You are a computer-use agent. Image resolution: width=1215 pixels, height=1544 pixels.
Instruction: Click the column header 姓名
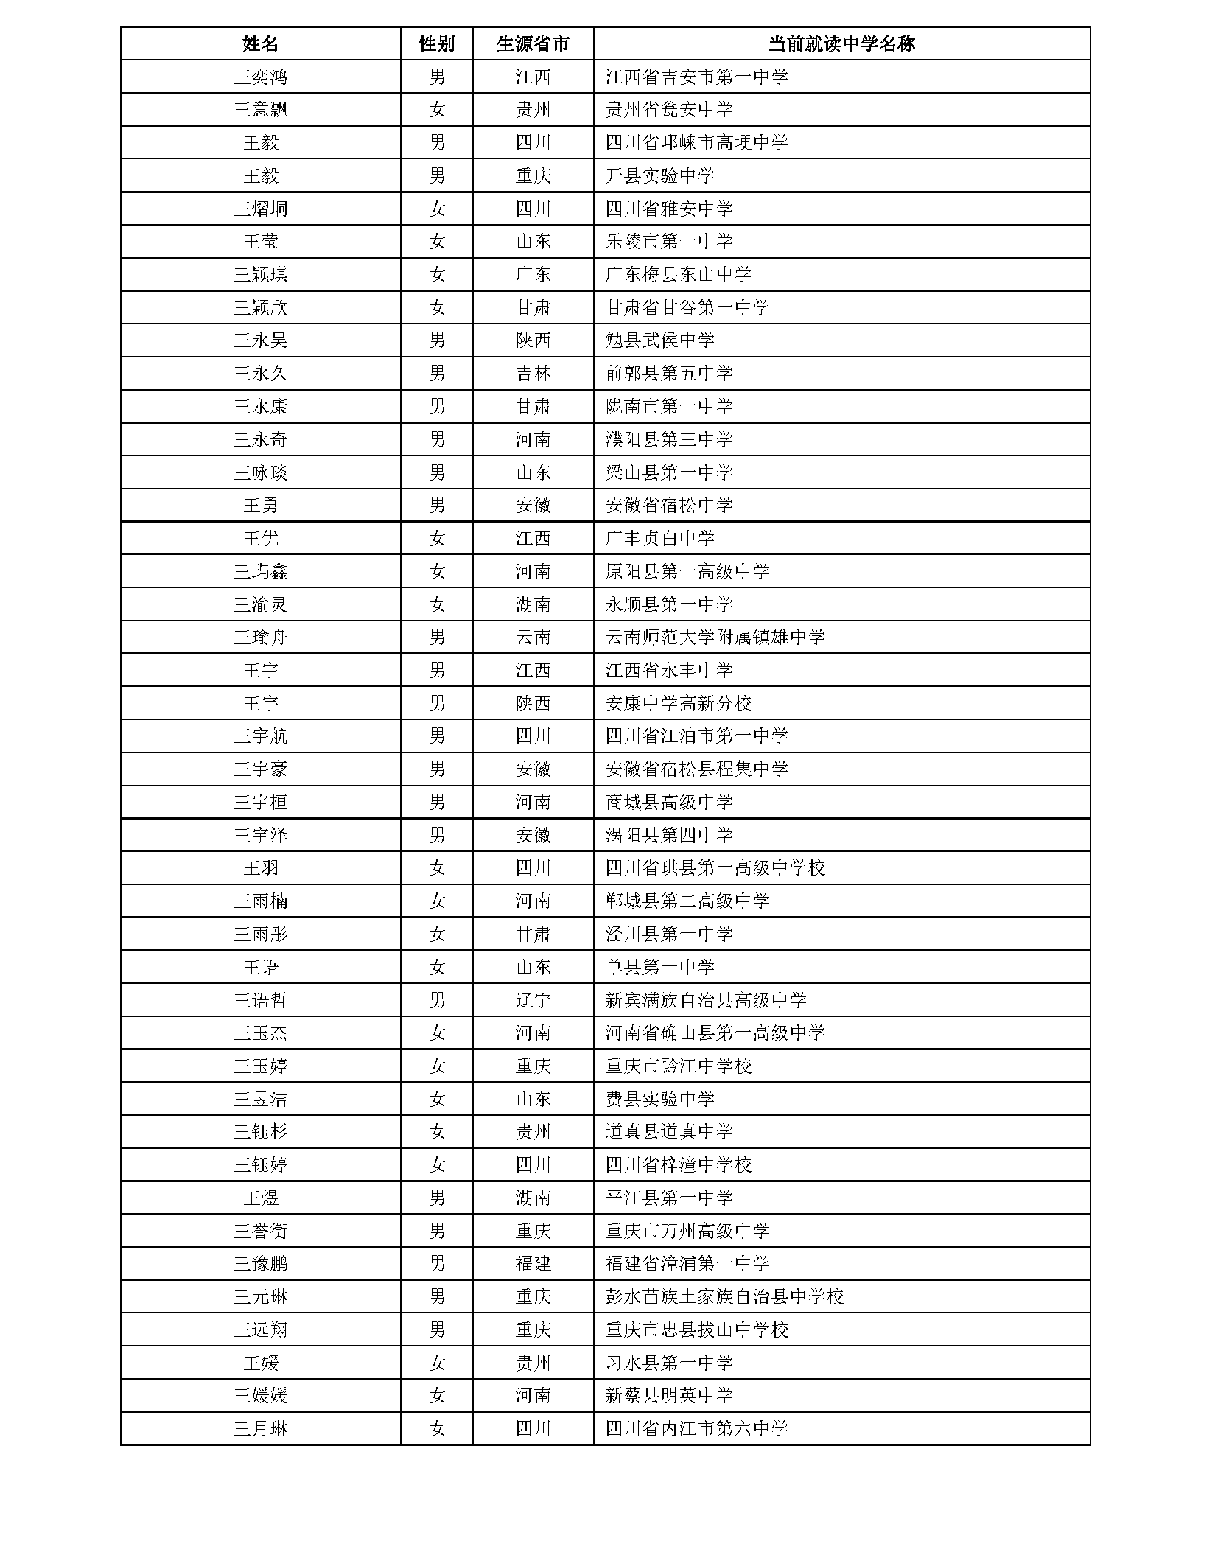[x=260, y=43]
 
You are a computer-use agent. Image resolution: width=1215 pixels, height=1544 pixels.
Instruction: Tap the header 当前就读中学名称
[x=841, y=43]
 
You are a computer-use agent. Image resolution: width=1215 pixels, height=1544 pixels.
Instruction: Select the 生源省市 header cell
[x=533, y=43]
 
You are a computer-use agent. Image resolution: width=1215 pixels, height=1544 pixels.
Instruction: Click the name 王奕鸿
[x=260, y=77]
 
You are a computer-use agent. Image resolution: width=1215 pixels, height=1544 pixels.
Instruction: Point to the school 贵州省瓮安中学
[x=669, y=110]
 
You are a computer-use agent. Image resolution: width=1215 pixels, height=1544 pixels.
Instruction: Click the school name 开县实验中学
[x=659, y=175]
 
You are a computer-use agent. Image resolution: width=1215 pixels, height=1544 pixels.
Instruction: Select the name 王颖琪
[x=260, y=274]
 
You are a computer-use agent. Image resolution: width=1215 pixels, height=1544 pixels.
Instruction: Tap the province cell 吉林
[x=533, y=374]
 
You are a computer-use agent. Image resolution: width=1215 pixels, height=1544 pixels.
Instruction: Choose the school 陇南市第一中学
[x=669, y=406]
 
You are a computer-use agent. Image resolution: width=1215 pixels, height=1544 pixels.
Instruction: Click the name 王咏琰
[x=260, y=472]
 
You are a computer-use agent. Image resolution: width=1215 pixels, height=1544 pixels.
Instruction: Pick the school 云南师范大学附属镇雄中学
[x=715, y=637]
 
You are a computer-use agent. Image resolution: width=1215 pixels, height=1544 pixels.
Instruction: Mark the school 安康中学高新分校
[x=678, y=703]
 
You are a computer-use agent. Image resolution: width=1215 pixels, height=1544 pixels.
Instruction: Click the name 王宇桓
[x=260, y=802]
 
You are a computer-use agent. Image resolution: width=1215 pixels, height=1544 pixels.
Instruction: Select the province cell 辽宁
[x=533, y=1000]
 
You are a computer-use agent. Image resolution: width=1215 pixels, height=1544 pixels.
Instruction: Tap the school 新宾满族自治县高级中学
[x=706, y=1000]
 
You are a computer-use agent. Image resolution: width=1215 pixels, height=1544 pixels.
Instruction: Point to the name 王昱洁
[x=260, y=1099]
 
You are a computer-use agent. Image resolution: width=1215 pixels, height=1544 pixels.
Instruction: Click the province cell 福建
[x=533, y=1264]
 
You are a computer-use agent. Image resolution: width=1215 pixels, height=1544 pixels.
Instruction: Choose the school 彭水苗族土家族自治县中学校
[x=724, y=1296]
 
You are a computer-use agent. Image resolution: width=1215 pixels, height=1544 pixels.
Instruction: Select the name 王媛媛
[x=260, y=1395]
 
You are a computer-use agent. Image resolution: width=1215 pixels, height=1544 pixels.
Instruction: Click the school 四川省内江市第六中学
[x=696, y=1428]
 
